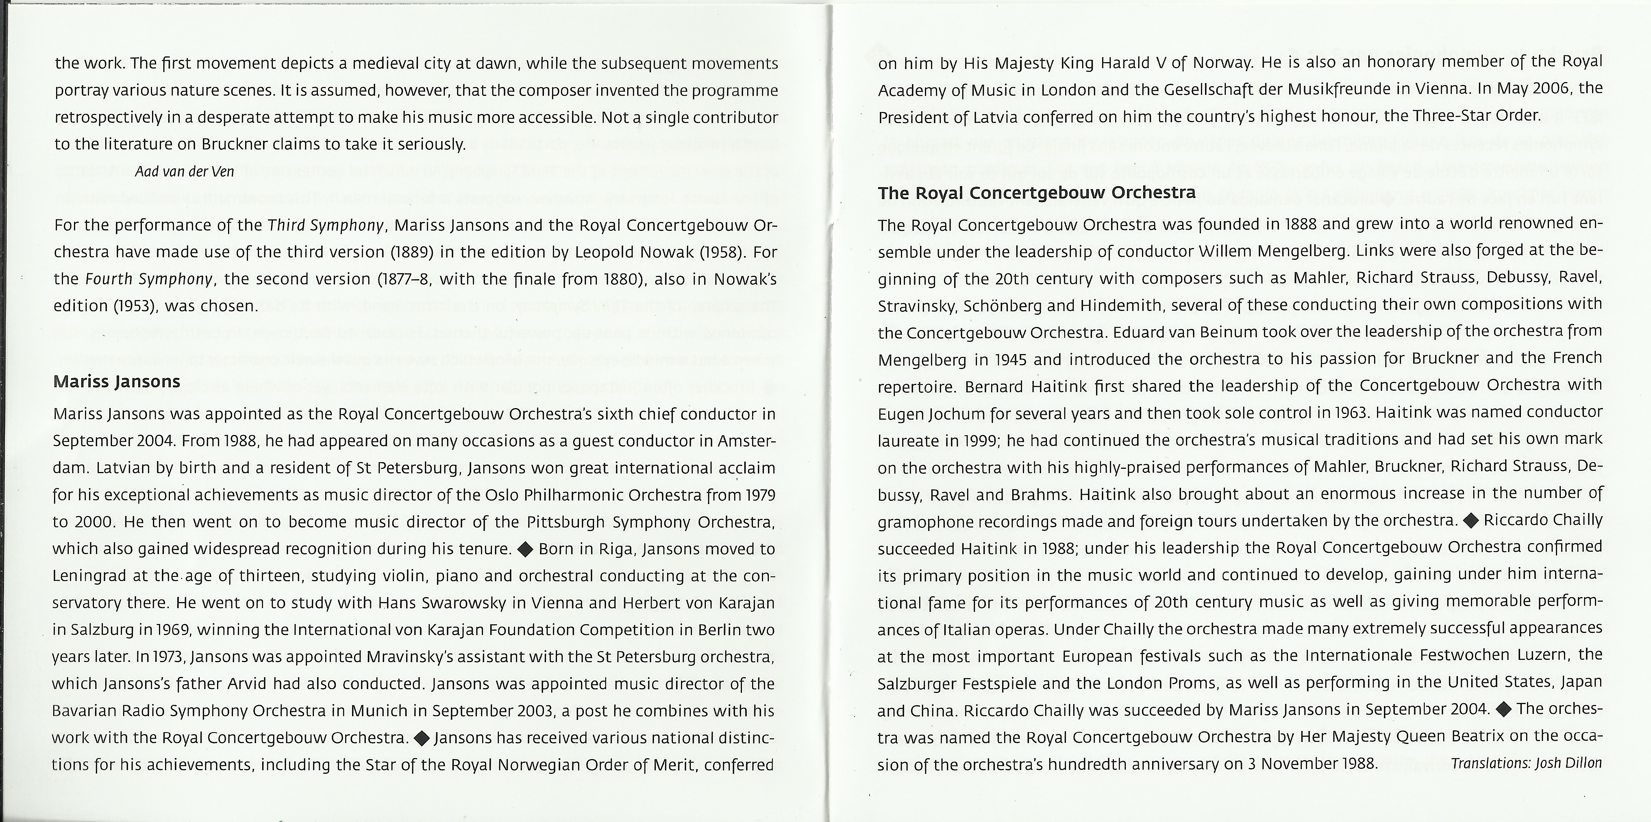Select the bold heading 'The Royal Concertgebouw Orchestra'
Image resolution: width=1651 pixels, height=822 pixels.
point(1036,193)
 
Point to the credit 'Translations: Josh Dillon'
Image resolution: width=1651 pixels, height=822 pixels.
point(1526,763)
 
